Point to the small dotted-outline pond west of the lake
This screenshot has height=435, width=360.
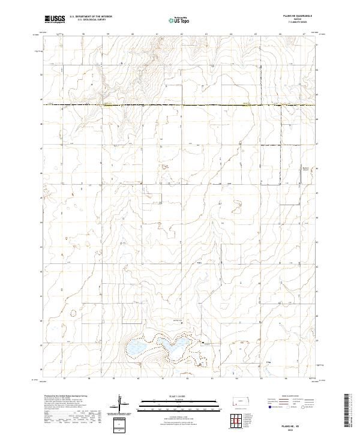pyautogui.click(x=74, y=313)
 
